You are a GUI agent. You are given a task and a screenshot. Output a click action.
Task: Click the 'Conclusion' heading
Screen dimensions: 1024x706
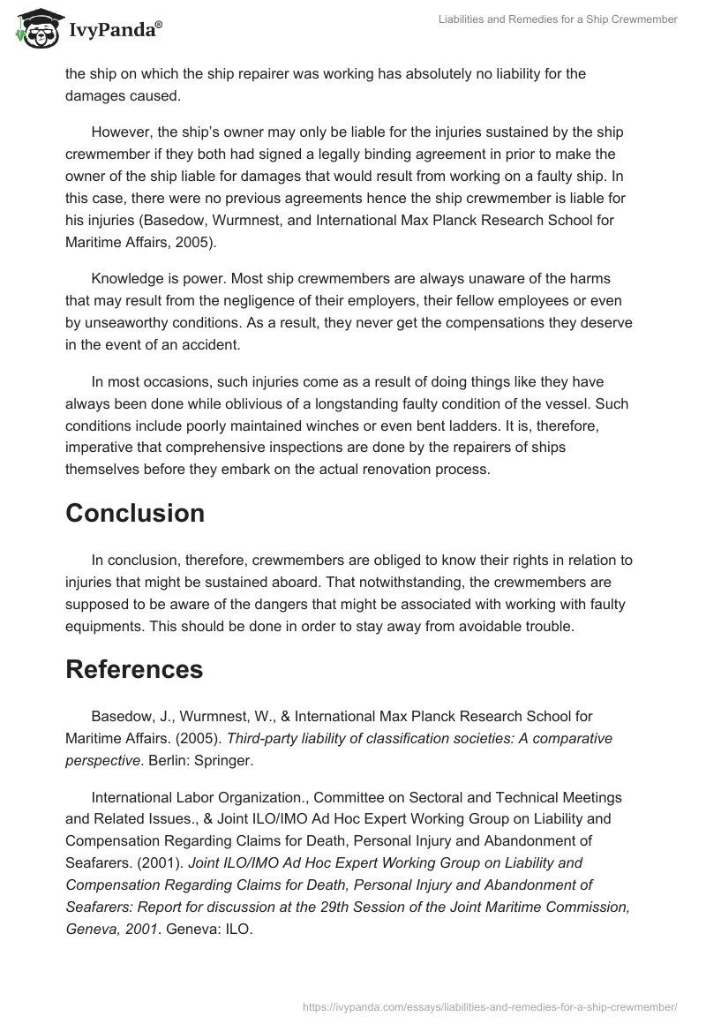[135, 513]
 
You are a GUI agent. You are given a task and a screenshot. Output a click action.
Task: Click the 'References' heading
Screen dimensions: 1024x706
[134, 670]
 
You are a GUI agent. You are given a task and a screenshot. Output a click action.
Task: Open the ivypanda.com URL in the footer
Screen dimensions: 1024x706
[490, 1005]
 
